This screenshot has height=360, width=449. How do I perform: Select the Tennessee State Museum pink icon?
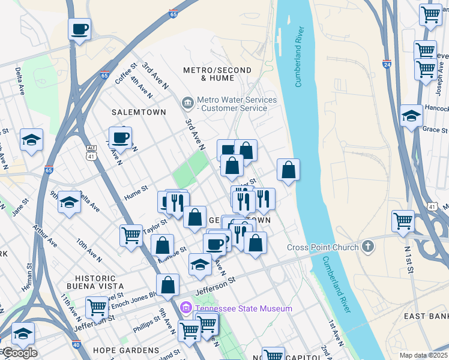pos(186,308)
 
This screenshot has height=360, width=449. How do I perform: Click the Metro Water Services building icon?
pos(188,104)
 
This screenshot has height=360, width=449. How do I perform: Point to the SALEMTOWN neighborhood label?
pos(134,112)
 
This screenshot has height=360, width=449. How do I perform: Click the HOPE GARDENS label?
pos(126,350)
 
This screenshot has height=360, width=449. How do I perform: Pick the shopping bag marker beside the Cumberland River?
pos(289,170)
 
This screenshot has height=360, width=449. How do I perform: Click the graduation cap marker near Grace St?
pos(412,116)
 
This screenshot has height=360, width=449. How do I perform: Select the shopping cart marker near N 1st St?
pos(403,221)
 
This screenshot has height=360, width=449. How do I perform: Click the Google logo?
pos(19,353)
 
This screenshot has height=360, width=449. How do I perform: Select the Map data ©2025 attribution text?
pos(423,355)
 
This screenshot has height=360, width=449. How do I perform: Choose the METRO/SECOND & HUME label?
pos(217,74)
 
